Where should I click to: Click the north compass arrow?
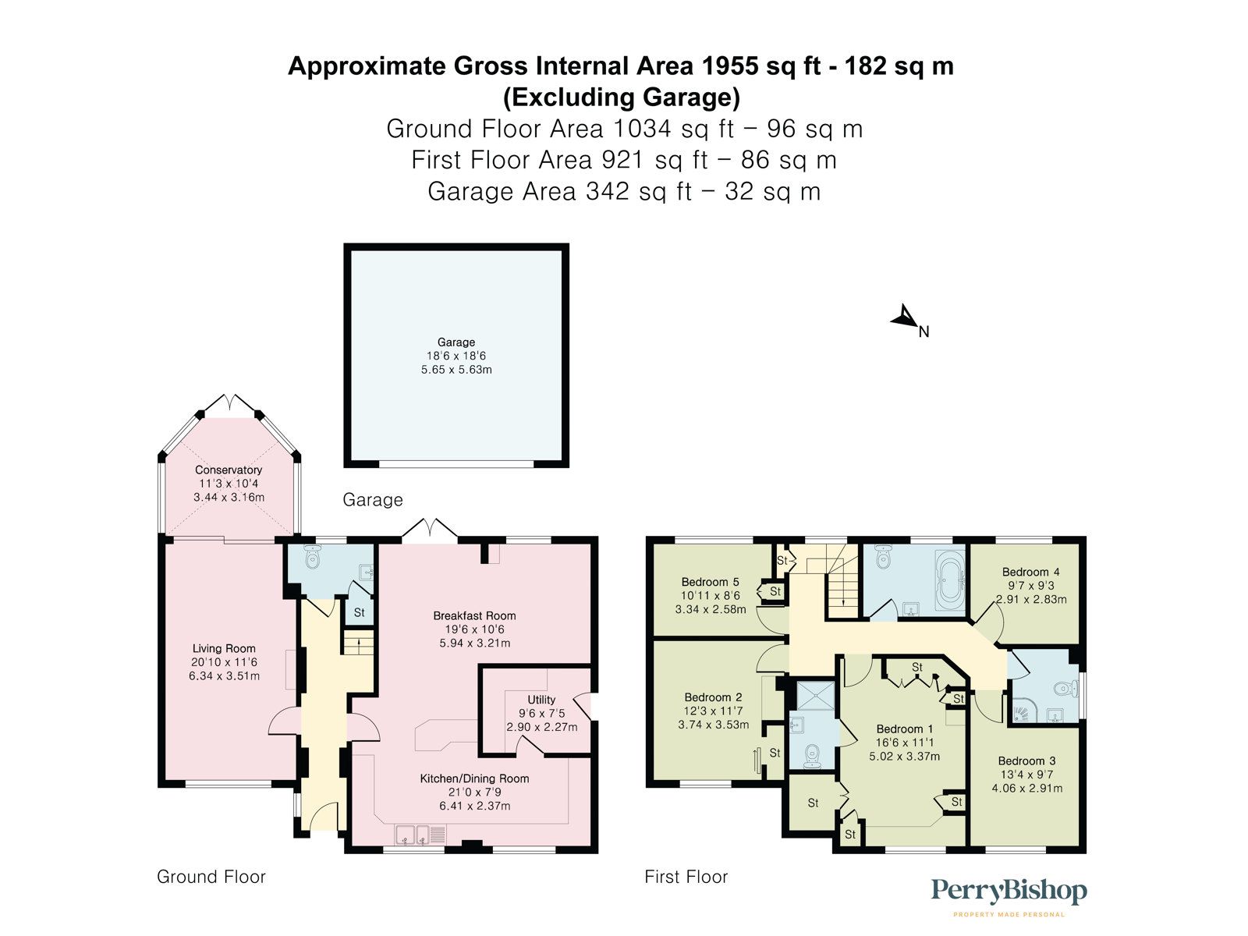tap(905, 317)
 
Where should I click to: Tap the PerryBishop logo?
tap(1009, 892)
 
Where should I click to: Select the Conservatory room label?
tap(229, 470)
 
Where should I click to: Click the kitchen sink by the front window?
tap(413, 835)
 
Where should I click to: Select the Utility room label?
tap(541, 700)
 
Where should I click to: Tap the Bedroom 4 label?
tap(1030, 572)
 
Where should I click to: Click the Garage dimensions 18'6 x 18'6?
tap(456, 356)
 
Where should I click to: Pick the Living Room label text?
tap(224, 648)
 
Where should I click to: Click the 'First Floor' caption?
tap(686, 877)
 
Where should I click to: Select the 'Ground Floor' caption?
tap(211, 877)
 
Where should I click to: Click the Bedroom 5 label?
tap(710, 582)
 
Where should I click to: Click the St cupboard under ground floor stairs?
tap(359, 612)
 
